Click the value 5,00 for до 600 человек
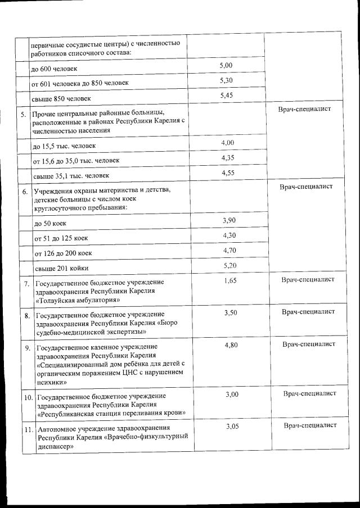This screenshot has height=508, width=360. tap(226, 66)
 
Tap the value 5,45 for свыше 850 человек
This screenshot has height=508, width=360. tap(227, 96)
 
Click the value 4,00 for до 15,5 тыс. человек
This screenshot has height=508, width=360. tap(227, 143)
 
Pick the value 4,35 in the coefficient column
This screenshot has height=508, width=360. tap(228, 158)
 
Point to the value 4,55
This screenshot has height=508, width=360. tap(228, 173)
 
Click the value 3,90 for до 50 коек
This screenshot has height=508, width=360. tap(229, 220)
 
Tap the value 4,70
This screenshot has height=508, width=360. tap(229, 250)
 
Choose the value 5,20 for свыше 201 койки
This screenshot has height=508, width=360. tap(230, 265)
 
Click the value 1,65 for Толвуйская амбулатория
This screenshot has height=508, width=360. tap(230, 280)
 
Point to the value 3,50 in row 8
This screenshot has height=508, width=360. tap(231, 312)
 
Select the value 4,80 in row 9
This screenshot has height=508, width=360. tap(231, 344)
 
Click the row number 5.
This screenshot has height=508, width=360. tap(24, 115)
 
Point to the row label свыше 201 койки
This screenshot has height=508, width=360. tap(61, 269)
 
